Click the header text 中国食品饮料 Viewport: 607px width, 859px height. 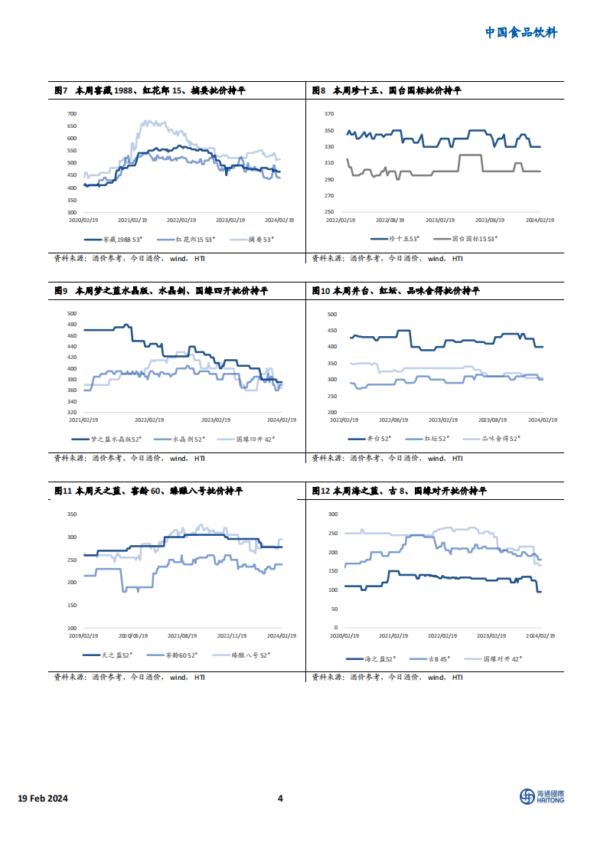(521, 32)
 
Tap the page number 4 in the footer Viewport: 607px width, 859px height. (280, 799)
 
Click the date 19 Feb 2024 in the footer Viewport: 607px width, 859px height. (43, 799)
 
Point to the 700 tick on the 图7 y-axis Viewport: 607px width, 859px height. (73, 113)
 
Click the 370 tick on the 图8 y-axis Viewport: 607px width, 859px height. (329, 113)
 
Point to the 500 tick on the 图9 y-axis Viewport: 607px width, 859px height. (73, 313)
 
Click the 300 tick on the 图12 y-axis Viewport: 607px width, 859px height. (332, 514)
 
